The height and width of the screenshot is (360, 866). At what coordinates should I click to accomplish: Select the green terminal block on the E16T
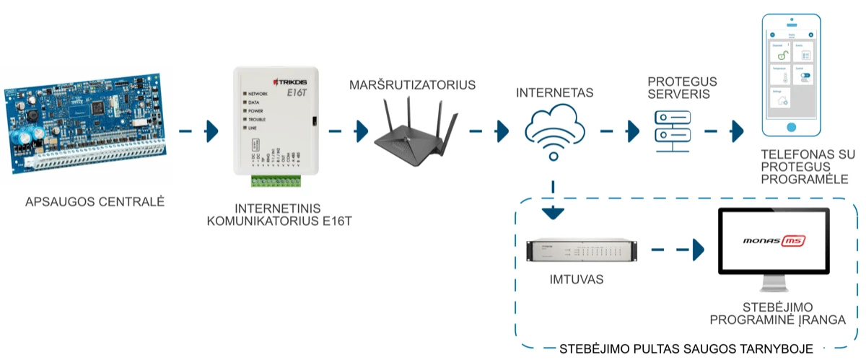(x=276, y=181)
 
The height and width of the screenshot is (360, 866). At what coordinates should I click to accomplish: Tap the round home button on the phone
(x=792, y=127)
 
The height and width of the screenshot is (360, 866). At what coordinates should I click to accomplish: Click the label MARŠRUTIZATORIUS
(x=412, y=85)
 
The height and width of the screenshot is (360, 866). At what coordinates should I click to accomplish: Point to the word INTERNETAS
(x=554, y=93)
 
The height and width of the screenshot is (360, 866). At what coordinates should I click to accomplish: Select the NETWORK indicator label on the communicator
(x=258, y=95)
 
